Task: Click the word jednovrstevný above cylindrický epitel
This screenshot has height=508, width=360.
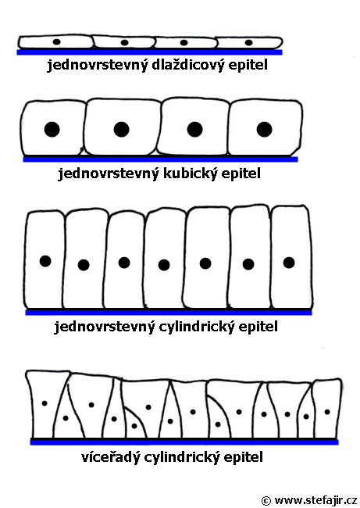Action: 104,326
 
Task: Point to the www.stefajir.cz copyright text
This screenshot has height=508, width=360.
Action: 308,500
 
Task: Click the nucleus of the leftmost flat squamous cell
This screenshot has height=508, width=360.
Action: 57,41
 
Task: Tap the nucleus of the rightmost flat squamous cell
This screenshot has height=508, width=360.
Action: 248,42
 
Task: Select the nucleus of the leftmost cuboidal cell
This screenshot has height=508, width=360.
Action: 52,129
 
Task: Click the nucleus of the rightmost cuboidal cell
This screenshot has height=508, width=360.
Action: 264,129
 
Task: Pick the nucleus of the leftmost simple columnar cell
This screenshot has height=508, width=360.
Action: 45,261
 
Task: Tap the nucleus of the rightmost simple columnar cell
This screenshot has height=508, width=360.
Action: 289,263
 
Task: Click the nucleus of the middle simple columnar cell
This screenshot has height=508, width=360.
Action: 164,265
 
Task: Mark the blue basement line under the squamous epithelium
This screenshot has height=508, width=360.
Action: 150,52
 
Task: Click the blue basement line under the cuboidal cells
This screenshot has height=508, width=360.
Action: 160,159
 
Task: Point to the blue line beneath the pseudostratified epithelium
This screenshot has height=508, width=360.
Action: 184,442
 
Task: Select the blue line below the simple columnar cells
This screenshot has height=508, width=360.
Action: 169,313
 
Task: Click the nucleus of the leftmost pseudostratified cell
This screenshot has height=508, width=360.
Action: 45,403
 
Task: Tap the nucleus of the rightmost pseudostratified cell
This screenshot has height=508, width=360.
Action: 327,412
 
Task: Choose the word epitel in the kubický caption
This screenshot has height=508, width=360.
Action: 241,174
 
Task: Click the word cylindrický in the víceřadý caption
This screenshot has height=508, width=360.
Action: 182,457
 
